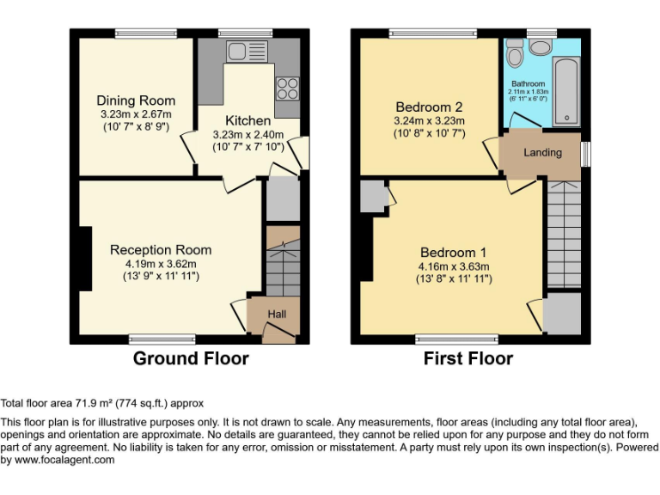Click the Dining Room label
click(x=136, y=101)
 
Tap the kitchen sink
click(x=247, y=52)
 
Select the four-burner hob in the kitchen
click(x=288, y=89)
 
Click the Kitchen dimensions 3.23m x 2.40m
click(x=247, y=135)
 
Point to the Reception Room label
click(x=161, y=250)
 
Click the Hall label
click(x=277, y=314)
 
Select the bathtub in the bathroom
click(x=566, y=91)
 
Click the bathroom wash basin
click(x=541, y=46)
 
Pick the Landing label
click(x=542, y=152)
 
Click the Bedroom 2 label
click(x=429, y=107)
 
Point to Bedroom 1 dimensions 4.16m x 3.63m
click(x=454, y=266)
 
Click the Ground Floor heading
click(x=191, y=358)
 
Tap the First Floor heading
click(x=468, y=358)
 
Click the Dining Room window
click(x=146, y=34)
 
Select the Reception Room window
click(x=162, y=339)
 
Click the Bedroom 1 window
click(x=456, y=339)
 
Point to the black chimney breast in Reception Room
click(x=85, y=259)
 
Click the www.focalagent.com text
click(x=64, y=460)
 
